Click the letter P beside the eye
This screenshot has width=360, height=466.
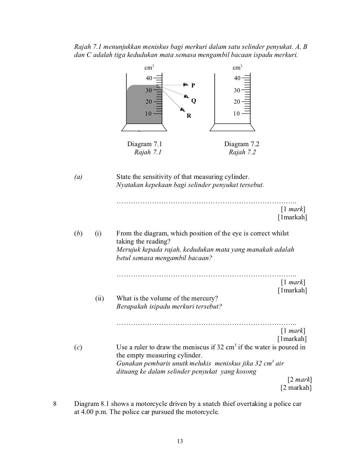[x=193, y=85]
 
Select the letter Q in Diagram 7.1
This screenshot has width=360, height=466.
[x=193, y=101]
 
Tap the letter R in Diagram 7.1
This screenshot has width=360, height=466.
[x=189, y=116]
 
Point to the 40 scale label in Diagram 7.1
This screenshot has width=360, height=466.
[x=149, y=78]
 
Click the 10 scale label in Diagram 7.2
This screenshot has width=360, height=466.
[x=237, y=114]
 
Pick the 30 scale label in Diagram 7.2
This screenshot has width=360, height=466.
[x=237, y=90]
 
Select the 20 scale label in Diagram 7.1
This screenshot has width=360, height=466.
[x=149, y=102]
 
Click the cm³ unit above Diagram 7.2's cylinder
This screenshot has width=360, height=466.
[x=238, y=67]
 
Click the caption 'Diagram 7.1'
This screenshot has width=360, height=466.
[x=144, y=144]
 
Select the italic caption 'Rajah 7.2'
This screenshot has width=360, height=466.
[x=242, y=152]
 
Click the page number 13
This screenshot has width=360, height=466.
[x=180, y=441]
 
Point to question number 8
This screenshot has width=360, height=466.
[x=55, y=404]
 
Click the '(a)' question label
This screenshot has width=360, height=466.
[x=78, y=177]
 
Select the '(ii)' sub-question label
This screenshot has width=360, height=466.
[x=99, y=298]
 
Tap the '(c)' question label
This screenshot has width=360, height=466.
[x=78, y=347]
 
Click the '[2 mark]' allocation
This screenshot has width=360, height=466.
[x=300, y=380]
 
